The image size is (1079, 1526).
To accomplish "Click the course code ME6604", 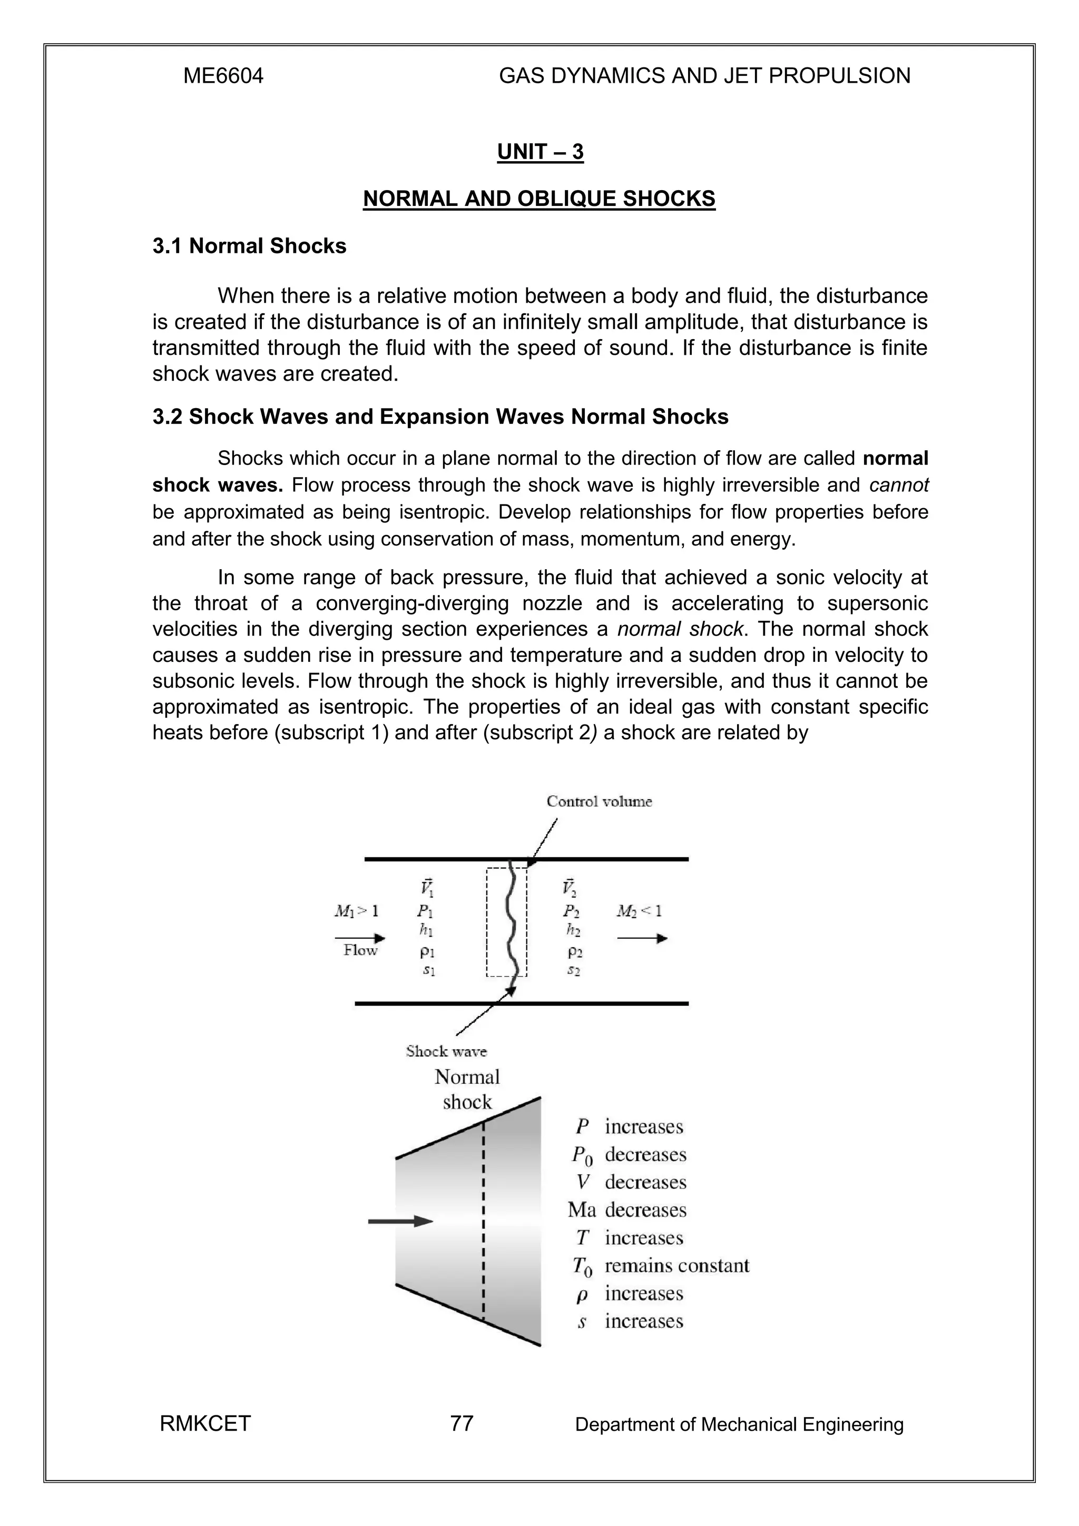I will [223, 76].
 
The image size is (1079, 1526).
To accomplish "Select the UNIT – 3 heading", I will [540, 152].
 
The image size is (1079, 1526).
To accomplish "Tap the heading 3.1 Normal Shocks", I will [249, 246].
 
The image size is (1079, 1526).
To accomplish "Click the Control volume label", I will [599, 801].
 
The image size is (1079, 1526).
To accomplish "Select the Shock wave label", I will [446, 1051].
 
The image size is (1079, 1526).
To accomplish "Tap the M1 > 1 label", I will [356, 910].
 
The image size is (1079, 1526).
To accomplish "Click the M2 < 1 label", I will [639, 910].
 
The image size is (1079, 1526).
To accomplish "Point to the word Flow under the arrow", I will [360, 950].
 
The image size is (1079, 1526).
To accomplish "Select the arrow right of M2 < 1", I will [642, 938].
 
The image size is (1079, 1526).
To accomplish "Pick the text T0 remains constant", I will [661, 1266].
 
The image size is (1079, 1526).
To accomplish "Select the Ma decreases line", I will [627, 1210].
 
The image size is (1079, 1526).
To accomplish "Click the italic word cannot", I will [899, 485].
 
